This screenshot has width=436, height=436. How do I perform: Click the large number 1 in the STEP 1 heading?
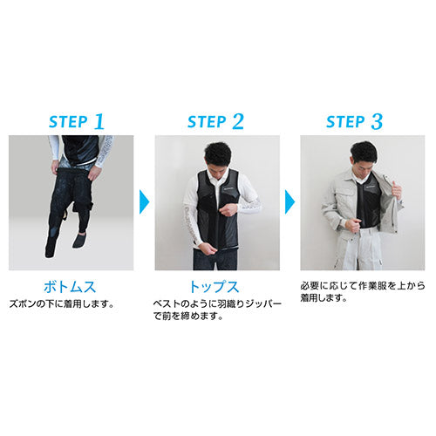coord(99,121)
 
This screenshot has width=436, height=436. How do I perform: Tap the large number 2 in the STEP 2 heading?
coord(238,121)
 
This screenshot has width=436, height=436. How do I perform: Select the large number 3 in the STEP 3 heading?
coord(377,121)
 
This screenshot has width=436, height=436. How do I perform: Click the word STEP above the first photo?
coord(68,122)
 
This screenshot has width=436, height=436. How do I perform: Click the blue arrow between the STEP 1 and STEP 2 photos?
coord(144,201)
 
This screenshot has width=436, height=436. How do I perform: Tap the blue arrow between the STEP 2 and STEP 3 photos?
coord(290,201)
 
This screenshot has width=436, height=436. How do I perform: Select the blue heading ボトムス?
coord(70,287)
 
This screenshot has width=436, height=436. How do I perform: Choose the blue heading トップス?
coord(215,287)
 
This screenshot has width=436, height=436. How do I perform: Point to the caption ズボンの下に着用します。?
coord(62,304)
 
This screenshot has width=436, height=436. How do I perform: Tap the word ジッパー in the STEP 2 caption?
coord(263,304)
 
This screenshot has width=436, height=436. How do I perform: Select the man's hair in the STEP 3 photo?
coord(364,151)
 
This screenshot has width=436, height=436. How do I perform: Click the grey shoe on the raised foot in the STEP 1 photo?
coord(79,240)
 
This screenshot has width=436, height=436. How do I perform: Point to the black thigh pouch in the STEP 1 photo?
coord(83,208)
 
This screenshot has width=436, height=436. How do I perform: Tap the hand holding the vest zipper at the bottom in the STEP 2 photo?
coord(208,249)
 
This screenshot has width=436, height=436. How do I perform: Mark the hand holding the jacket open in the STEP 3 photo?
coord(397,189)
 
